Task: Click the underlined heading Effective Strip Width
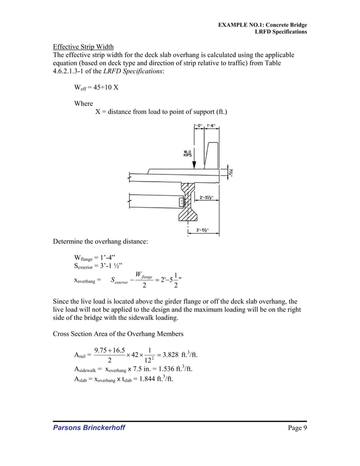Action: [83, 46]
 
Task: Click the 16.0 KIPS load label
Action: [187, 153]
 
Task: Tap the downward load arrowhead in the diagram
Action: [194, 165]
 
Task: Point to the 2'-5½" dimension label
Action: [209, 198]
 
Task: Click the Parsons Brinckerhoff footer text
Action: [89, 428]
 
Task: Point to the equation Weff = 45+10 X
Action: [96, 89]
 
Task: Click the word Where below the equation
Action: [84, 104]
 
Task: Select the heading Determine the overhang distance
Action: [100, 242]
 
